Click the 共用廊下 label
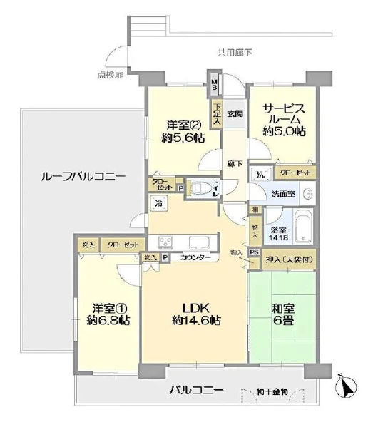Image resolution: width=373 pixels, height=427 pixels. pyautogui.click(x=235, y=51)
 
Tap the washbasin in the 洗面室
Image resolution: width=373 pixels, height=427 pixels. pyautogui.click(x=307, y=194)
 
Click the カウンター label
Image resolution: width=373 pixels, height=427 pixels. pyautogui.click(x=195, y=257)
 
